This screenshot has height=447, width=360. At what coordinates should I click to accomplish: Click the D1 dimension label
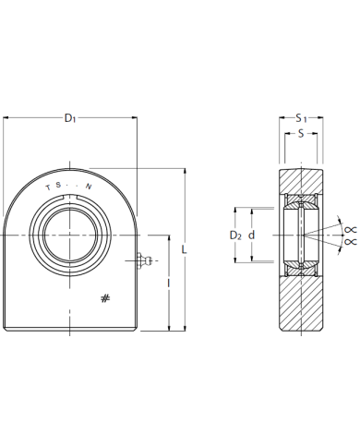coord(70,118)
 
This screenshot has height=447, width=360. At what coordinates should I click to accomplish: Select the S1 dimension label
coord(301,118)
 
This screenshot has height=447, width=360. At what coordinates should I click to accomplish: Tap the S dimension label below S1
coord(301,133)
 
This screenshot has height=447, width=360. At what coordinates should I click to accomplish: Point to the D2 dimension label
coord(235,236)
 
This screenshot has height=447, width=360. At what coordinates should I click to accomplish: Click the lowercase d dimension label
coord(252,236)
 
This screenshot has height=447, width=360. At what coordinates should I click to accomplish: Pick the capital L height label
coord(184,249)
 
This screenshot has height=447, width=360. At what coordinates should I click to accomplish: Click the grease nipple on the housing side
coord(144,261)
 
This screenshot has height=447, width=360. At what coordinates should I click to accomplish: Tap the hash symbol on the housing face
coord(105,298)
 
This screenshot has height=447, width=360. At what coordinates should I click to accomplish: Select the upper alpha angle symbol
coord(351,229)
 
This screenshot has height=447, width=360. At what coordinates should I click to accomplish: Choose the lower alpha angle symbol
coord(351,242)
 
